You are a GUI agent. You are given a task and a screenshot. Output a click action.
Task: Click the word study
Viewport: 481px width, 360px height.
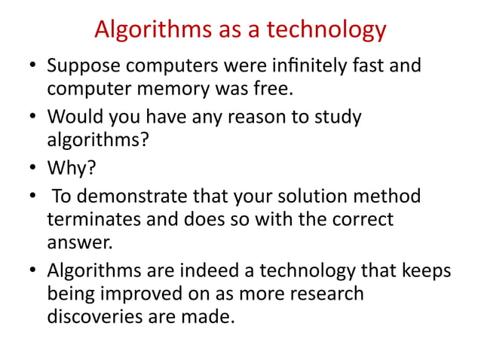pos(336,117)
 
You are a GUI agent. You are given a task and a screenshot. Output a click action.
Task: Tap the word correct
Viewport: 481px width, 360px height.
pos(359,220)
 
